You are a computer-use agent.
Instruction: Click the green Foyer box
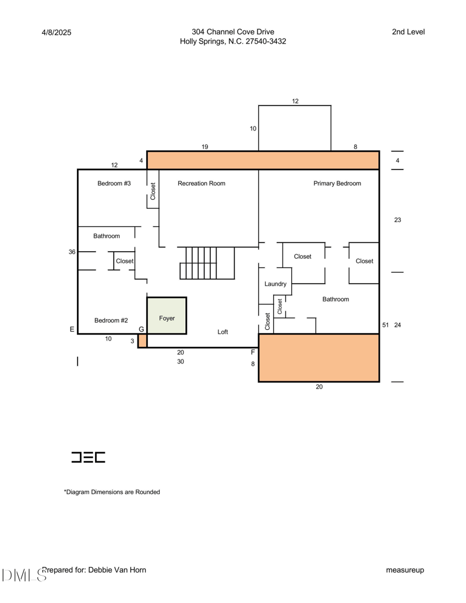(167, 315)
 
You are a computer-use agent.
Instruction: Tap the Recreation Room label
(202, 184)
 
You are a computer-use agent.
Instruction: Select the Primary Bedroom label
(337, 184)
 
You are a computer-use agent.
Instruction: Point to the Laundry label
(276, 284)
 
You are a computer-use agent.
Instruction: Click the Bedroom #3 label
(114, 184)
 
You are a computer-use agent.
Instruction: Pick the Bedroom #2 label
(111, 320)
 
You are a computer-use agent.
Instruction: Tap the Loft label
(223, 332)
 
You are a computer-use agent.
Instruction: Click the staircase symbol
(207, 263)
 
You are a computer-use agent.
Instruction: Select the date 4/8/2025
(57, 33)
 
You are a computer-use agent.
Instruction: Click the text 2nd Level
(408, 32)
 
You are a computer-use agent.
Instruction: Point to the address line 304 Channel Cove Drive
(233, 32)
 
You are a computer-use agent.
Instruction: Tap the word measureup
(405, 570)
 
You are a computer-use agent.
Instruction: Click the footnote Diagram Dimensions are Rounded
(112, 492)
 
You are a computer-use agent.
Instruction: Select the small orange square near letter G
(142, 341)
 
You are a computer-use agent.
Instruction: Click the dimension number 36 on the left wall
(72, 252)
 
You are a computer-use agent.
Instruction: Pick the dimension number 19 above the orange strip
(205, 147)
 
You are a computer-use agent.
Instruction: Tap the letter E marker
(72, 329)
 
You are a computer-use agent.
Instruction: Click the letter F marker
(253, 352)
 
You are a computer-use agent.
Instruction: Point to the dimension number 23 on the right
(398, 220)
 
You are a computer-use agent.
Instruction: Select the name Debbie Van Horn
(117, 570)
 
